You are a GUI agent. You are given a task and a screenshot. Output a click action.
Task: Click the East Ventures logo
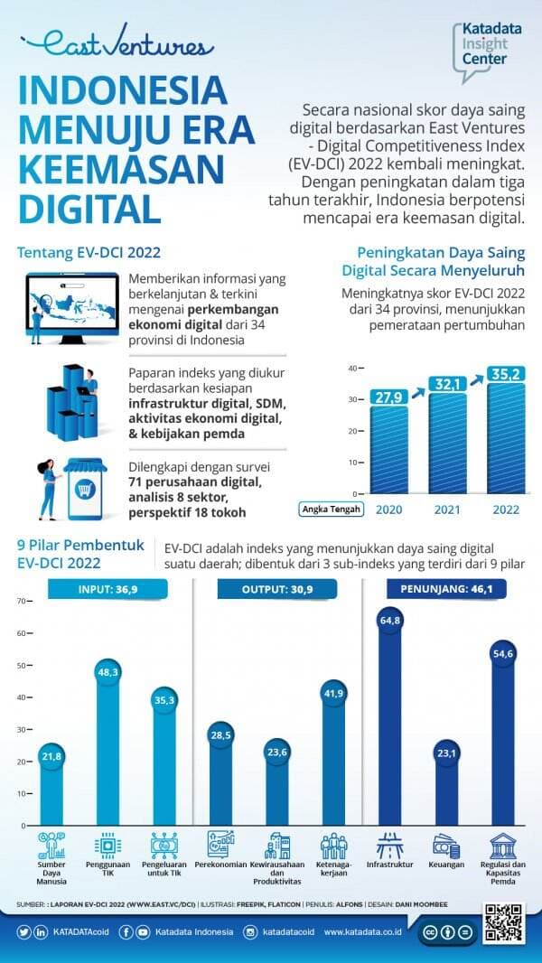117,43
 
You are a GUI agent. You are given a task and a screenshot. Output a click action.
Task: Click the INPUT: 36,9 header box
107,589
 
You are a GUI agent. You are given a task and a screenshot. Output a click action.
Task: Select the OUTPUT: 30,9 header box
277,589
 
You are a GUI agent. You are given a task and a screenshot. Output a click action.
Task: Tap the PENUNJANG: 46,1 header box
446,589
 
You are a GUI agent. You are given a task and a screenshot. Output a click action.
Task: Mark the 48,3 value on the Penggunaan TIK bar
108,673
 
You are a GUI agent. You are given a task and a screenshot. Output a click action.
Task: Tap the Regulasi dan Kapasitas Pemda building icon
503,846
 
